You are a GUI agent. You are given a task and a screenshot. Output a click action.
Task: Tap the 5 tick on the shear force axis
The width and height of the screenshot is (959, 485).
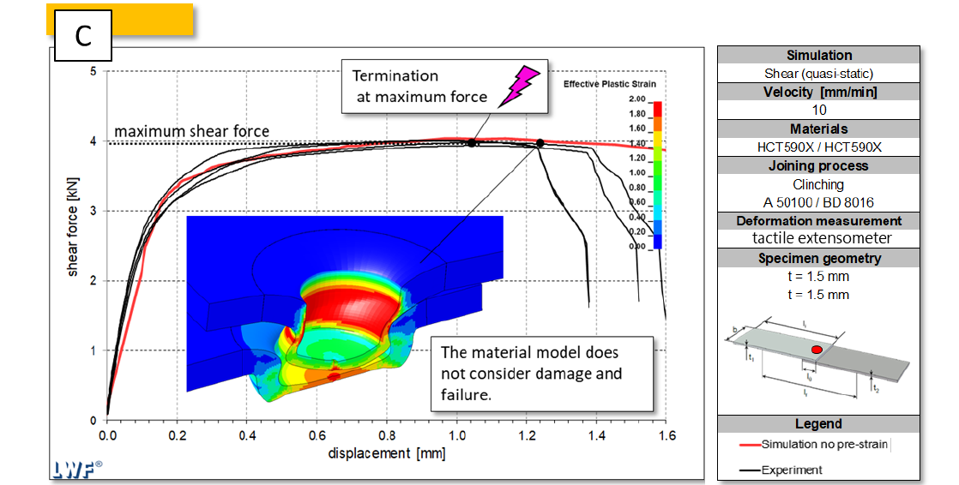click(x=93, y=71)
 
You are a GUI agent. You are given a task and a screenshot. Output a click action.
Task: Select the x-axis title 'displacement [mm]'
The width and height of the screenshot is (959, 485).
click(x=387, y=453)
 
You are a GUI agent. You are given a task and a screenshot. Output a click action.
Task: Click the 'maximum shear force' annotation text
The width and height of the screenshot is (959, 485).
click(x=191, y=131)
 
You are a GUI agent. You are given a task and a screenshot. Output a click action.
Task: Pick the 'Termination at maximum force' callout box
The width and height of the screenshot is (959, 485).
click(x=444, y=87)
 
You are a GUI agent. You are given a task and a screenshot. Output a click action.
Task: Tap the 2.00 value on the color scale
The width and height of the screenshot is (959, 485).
click(x=636, y=100)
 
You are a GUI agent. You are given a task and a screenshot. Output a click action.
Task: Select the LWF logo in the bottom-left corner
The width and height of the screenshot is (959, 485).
click(x=75, y=468)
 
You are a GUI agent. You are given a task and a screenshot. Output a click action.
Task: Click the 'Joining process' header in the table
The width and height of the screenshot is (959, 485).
click(x=817, y=165)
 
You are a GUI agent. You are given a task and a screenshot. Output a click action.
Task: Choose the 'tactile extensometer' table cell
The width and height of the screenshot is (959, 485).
click(x=817, y=238)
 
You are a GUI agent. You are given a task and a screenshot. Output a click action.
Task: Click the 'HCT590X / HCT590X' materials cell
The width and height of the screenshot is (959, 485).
click(x=817, y=147)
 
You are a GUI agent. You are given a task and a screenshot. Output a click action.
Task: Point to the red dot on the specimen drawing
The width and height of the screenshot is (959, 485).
click(x=816, y=350)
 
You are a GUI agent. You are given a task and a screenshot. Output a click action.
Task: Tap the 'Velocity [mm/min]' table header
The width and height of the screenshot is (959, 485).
click(x=817, y=92)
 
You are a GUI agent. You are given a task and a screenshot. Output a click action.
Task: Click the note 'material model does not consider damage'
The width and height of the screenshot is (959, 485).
click(x=532, y=374)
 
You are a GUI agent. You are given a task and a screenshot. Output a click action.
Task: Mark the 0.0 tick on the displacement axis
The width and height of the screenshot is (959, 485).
click(x=108, y=436)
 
